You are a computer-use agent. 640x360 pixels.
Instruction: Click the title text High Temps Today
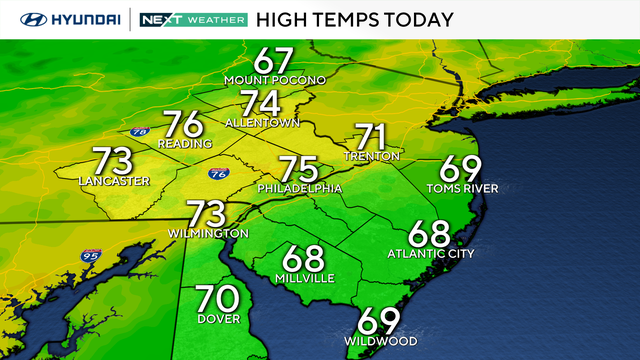[355, 19]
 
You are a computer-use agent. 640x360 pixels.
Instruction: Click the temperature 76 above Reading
[184, 124]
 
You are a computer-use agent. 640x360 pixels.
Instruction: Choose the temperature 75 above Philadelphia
[298, 169]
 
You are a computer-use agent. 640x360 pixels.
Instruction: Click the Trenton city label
[371, 155]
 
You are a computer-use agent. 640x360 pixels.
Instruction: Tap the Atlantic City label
[430, 254]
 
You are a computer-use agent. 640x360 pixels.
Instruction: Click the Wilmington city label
[208, 233]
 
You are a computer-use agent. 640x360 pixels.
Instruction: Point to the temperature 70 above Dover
[217, 299]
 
